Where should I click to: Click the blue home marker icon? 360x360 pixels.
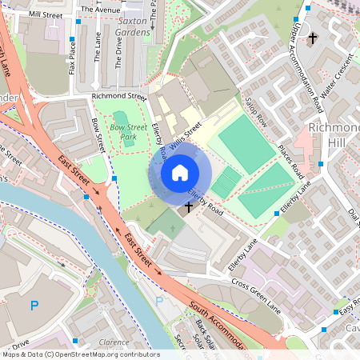click(x=180, y=172)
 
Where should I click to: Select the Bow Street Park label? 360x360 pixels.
click(x=129, y=132)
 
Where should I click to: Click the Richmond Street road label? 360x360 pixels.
click(x=119, y=97)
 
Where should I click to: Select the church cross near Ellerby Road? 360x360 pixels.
click(x=189, y=208)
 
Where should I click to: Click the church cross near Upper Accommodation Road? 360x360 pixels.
click(x=313, y=38)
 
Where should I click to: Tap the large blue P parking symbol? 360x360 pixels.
click(x=34, y=305)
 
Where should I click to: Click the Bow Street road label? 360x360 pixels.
click(x=98, y=136)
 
